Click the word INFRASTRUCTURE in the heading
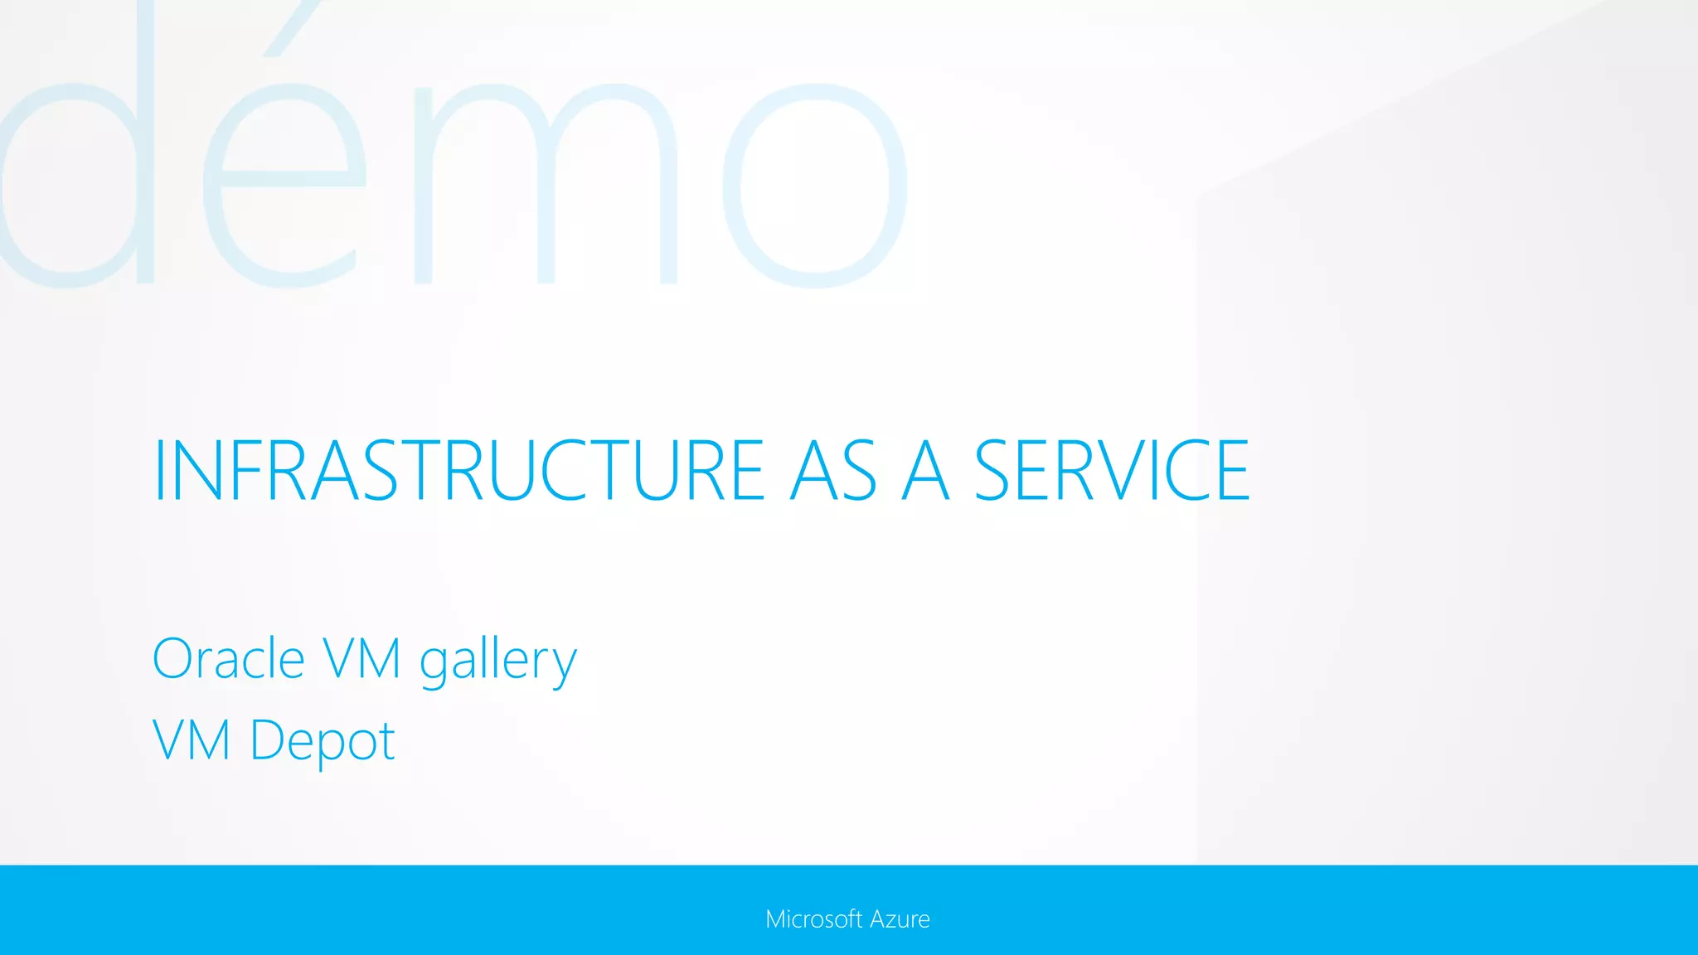[x=458, y=471]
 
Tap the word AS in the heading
[x=833, y=471]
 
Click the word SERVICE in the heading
[x=1111, y=471]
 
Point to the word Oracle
[x=229, y=659]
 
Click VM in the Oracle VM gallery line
[x=362, y=659]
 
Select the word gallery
[x=497, y=662]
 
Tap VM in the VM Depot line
[x=192, y=740]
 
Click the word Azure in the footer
[x=900, y=919]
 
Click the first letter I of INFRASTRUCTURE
[x=160, y=471]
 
